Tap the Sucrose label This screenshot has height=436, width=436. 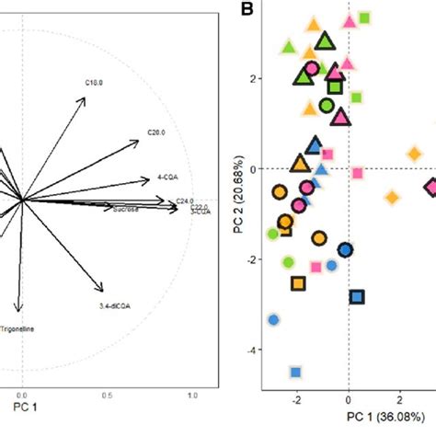click(125, 210)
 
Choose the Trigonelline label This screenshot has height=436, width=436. click(20, 327)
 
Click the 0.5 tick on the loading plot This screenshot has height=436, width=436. click(108, 395)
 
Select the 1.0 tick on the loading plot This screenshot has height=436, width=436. click(192, 395)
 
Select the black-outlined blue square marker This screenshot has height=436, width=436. click(357, 296)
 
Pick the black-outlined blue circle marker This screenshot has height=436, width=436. click(345, 250)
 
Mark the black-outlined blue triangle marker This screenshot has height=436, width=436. click(315, 144)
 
